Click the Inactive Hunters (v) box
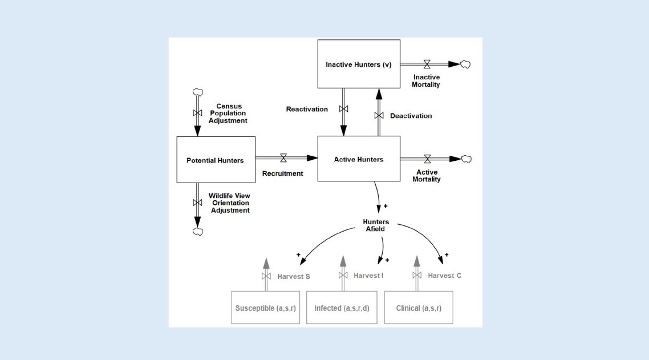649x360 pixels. [x=358, y=64]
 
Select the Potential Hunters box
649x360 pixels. [x=215, y=160]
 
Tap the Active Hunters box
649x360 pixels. [x=358, y=159]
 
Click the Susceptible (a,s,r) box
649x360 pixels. [x=265, y=308]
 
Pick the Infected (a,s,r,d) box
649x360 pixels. [x=342, y=308]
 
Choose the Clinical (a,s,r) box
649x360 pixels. [x=419, y=308]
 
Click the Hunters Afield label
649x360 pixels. [x=376, y=225]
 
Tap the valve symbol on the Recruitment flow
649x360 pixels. [x=283, y=158]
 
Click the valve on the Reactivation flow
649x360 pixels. [x=343, y=108]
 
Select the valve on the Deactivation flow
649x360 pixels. [x=378, y=116]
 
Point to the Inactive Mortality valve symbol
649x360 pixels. [x=427, y=64]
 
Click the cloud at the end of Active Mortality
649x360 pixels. [x=466, y=159]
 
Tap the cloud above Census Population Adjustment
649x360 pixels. [x=198, y=92]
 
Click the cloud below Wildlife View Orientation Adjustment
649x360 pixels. [x=198, y=231]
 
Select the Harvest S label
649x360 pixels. [x=294, y=277]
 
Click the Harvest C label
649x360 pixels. [x=445, y=276]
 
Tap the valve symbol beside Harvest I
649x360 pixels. [x=343, y=276]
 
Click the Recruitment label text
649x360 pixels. [x=282, y=173]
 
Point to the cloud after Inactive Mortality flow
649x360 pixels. [x=465, y=64]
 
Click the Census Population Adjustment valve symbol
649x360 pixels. [x=198, y=113]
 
